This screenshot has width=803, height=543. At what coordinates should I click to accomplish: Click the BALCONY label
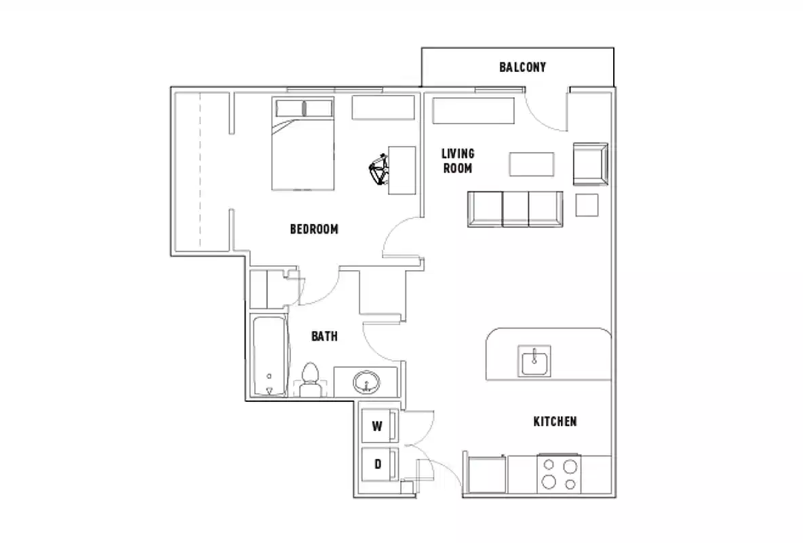(522, 67)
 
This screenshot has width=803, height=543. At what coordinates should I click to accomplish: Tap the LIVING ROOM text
(458, 161)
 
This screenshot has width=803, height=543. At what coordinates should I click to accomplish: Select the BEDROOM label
(313, 229)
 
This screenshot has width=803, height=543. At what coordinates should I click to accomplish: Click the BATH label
(324, 336)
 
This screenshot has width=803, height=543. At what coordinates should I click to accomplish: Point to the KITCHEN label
(555, 422)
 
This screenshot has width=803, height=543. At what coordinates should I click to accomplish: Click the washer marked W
(377, 427)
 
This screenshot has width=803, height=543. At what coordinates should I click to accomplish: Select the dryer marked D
(377, 465)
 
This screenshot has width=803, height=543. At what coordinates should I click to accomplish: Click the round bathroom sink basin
(367, 383)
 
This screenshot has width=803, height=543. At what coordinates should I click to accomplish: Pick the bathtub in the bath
(269, 356)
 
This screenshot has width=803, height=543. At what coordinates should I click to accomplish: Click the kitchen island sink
(534, 360)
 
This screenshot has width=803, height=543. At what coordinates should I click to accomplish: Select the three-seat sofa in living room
(515, 208)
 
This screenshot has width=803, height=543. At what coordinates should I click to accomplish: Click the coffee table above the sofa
(532, 164)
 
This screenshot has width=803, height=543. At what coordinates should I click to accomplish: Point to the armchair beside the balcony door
(590, 164)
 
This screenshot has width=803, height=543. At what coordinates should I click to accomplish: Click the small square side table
(587, 204)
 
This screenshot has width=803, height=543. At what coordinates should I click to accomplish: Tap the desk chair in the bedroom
(379, 168)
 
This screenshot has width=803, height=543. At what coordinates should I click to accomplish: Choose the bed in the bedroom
(303, 145)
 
